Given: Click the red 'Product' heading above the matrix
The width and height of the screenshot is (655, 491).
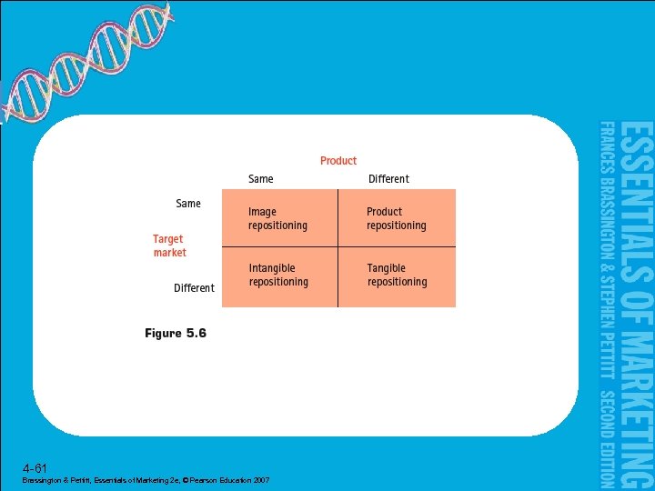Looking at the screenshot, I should pyautogui.click(x=338, y=161).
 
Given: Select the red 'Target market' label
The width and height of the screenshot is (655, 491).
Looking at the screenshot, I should pyautogui.click(x=169, y=246).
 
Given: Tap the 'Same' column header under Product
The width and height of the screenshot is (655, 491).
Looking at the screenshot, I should pyautogui.click(x=261, y=179).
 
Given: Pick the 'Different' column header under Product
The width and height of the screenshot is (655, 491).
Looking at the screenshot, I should pyautogui.click(x=388, y=179).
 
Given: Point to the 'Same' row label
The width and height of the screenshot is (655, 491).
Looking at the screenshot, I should pyautogui.click(x=188, y=204).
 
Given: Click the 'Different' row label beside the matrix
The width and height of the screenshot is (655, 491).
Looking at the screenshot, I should pyautogui.click(x=194, y=288).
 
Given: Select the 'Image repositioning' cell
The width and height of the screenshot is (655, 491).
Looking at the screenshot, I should pyautogui.click(x=278, y=218).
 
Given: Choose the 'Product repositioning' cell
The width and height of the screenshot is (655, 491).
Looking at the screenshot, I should pyautogui.click(x=396, y=218).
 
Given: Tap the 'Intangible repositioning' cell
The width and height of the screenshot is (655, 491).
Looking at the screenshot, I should pyautogui.click(x=278, y=276).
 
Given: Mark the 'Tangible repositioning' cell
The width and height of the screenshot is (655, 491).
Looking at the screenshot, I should pyautogui.click(x=397, y=276).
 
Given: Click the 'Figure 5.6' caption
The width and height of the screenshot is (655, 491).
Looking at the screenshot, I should pyautogui.click(x=176, y=334).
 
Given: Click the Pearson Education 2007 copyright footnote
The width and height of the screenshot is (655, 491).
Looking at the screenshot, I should pyautogui.click(x=146, y=480).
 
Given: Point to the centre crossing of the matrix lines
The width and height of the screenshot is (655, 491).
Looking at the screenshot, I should pyautogui.click(x=338, y=247).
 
